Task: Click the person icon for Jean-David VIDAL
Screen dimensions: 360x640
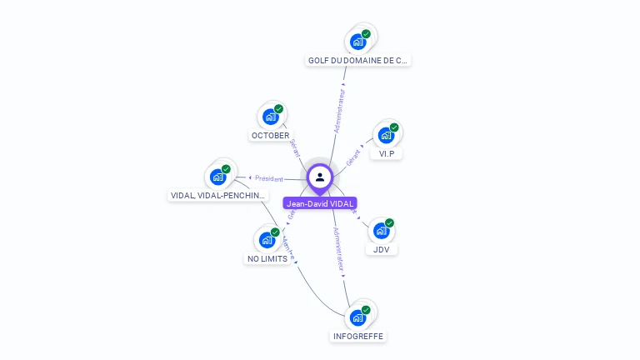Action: click(320, 177)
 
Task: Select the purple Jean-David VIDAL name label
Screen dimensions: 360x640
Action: click(320, 202)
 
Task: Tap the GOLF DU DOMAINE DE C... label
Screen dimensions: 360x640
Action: click(358, 60)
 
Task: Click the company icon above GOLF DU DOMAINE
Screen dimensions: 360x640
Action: click(358, 41)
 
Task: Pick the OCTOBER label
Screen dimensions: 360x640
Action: click(270, 135)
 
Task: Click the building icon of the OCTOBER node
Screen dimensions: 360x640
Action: click(271, 117)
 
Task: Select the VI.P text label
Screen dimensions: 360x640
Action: click(386, 153)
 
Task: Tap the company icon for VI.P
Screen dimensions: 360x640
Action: click(386, 135)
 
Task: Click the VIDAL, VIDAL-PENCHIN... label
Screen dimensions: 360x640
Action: click(218, 196)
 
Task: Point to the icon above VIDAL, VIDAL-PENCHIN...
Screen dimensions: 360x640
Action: click(218, 177)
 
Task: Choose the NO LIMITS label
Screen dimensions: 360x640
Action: click(267, 258)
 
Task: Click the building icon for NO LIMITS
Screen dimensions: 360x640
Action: click(267, 240)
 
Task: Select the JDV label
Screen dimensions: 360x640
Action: click(381, 249)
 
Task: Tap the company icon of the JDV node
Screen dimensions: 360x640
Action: click(381, 230)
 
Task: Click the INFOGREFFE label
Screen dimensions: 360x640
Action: click(358, 336)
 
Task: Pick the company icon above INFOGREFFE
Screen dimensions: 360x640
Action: click(358, 317)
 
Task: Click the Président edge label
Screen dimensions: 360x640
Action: click(268, 178)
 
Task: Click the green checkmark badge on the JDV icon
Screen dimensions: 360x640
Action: click(389, 223)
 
